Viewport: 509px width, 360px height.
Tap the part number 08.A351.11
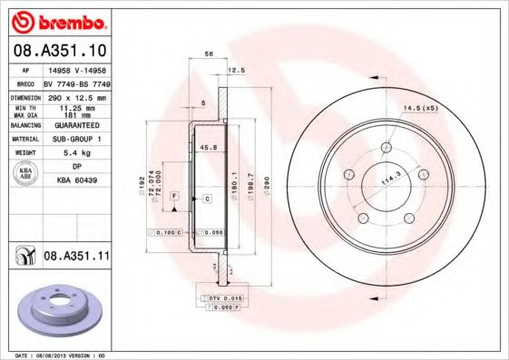click(76, 257)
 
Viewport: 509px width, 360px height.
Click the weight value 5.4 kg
click(75, 155)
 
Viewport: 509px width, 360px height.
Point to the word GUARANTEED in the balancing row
click(75, 126)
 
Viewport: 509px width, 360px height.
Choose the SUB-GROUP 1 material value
click(75, 141)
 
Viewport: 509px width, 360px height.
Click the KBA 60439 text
click(75, 181)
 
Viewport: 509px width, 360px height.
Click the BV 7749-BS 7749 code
click(76, 83)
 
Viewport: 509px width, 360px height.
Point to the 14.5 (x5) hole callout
click(420, 109)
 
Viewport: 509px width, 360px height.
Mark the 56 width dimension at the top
click(208, 55)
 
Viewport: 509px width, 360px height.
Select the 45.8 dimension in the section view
click(208, 147)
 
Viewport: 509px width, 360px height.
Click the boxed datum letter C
click(208, 198)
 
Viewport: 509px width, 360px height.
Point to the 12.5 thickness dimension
click(237, 71)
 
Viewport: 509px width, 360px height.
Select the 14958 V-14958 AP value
click(76, 68)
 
